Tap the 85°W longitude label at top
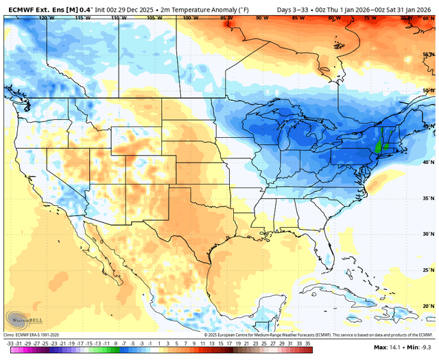pos(298,18)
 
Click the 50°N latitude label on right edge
pos(427,90)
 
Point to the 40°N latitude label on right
pos(427,162)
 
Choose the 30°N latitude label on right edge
pos(427,234)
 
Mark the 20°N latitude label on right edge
pos(427,306)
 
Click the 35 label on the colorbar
pos(308,342)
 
